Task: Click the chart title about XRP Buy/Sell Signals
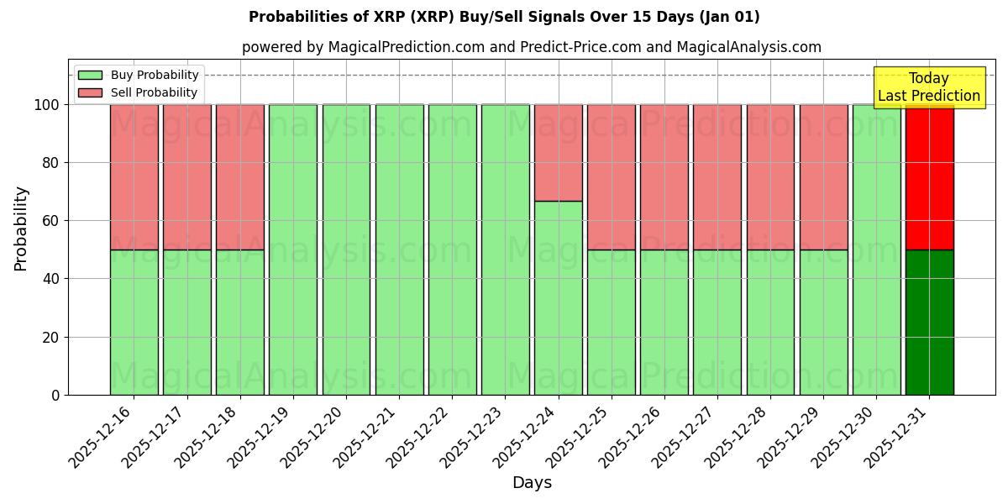[504, 17]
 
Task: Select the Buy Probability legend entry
[155, 76]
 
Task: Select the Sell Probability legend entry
[154, 93]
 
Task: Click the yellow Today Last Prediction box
[928, 87]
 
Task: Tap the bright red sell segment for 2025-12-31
[929, 177]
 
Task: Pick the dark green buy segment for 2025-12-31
[929, 322]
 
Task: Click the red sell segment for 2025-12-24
[558, 153]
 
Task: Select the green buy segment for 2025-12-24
[558, 298]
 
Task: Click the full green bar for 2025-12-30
[876, 249]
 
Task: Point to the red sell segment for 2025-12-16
[134, 177]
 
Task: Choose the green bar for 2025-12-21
[399, 249]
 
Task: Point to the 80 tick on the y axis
[51, 163]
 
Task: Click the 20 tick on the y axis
[51, 338]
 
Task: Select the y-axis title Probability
[21, 228]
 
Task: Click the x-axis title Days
[532, 483]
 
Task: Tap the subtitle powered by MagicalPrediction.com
[532, 47]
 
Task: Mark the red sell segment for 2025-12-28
[770, 177]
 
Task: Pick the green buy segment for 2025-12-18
[239, 322]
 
